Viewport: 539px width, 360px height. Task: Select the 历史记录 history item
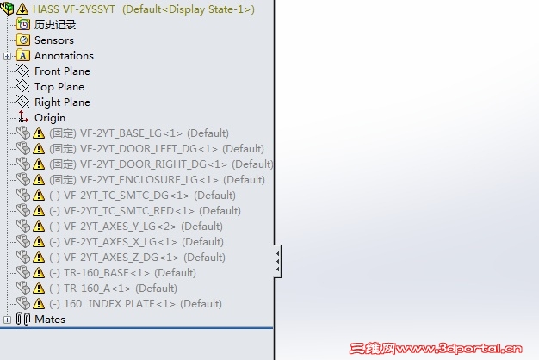click(x=55, y=24)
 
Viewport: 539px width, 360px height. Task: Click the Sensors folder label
click(x=54, y=40)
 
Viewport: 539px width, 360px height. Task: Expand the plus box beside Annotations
click(x=7, y=56)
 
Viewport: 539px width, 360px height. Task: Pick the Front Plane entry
click(x=62, y=71)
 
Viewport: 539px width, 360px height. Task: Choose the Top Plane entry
click(x=59, y=87)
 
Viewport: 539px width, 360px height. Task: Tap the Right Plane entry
click(x=62, y=102)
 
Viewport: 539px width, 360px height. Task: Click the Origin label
click(x=50, y=118)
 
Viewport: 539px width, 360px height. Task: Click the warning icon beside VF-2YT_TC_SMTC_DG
click(x=39, y=196)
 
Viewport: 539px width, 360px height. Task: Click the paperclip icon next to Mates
click(x=23, y=319)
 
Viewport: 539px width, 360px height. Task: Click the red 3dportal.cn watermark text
click(x=436, y=349)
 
